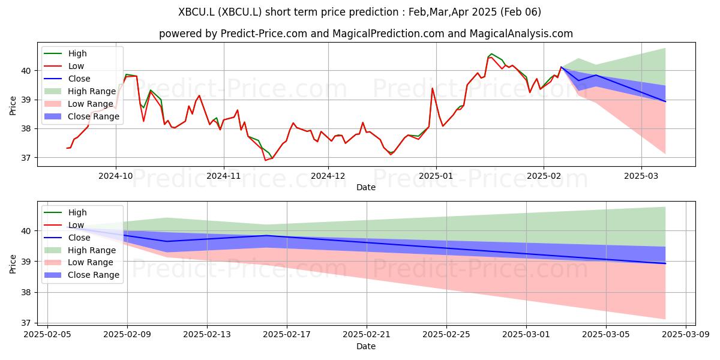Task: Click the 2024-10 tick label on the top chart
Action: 116,176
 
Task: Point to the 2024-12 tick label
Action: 328,176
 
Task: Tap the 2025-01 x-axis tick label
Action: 436,176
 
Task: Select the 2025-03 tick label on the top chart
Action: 641,176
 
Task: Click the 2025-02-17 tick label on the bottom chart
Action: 287,335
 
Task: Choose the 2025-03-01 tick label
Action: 526,335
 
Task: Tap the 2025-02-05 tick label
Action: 47,335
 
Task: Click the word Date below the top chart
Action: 366,187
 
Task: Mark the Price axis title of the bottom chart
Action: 13,264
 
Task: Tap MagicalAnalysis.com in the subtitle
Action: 521,34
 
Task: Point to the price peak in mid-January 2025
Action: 491,54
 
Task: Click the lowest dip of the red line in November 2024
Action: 265,160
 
